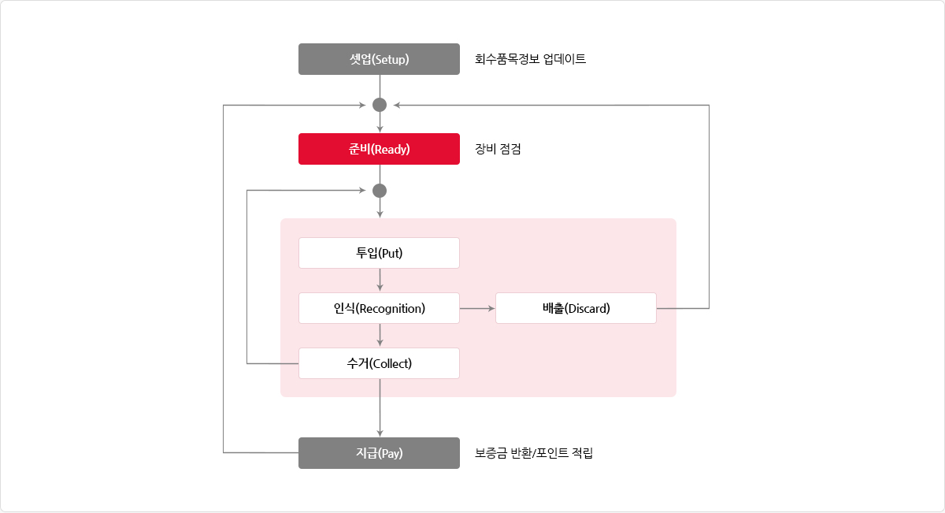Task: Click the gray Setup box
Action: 379,59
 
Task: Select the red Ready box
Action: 379,149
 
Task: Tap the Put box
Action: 379,253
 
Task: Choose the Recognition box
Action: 379,308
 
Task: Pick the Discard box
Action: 576,308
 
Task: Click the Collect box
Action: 379,363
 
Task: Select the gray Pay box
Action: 379,453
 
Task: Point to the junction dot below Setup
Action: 380,105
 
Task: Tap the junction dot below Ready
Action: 380,191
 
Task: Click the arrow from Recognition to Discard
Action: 477,309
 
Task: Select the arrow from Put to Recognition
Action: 380,280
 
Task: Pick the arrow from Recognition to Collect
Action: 380,335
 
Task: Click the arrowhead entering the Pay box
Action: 380,433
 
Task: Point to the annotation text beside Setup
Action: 530,59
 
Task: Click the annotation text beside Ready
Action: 498,149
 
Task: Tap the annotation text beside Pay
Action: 534,453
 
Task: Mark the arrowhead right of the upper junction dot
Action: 397,105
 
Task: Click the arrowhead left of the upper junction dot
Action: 362,105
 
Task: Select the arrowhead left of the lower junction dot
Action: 362,191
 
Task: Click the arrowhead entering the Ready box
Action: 380,129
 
